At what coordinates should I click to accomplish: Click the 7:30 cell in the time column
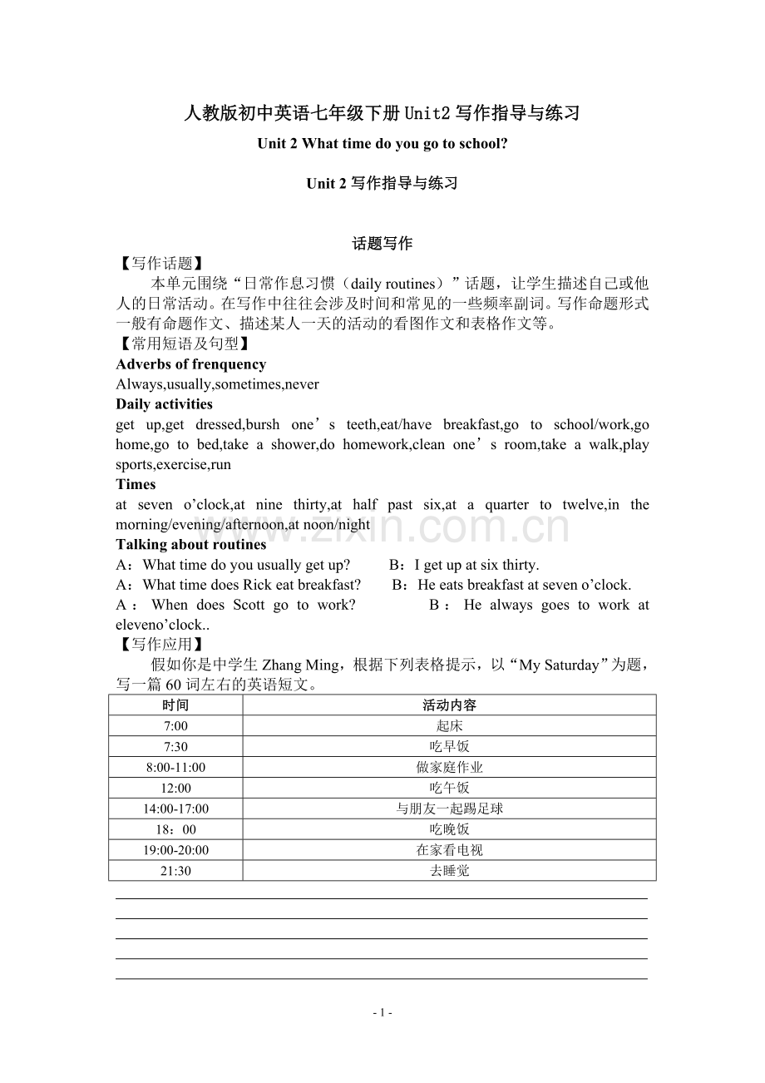pyautogui.click(x=175, y=746)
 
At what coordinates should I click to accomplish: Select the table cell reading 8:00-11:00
pyautogui.click(x=175, y=767)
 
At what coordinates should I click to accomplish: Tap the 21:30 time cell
pyautogui.click(x=175, y=871)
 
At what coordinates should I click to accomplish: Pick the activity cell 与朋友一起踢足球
pyautogui.click(x=449, y=809)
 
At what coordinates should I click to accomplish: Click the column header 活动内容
pyautogui.click(x=449, y=705)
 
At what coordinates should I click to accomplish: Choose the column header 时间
pyautogui.click(x=175, y=705)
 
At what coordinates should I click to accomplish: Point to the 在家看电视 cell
pyautogui.click(x=449, y=850)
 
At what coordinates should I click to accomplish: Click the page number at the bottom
pyautogui.click(x=382, y=1012)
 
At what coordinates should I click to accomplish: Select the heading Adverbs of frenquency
pyautogui.click(x=191, y=364)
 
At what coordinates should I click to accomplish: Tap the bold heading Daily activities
pyautogui.click(x=165, y=404)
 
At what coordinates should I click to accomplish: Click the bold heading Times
pyautogui.click(x=136, y=484)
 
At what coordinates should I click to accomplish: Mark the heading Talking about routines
pyautogui.click(x=191, y=545)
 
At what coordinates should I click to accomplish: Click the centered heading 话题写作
pyautogui.click(x=382, y=244)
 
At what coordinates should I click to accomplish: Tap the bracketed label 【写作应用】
pyautogui.click(x=158, y=644)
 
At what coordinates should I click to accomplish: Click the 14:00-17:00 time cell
pyautogui.click(x=175, y=809)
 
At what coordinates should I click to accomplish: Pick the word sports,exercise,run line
pyautogui.click(x=173, y=464)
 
